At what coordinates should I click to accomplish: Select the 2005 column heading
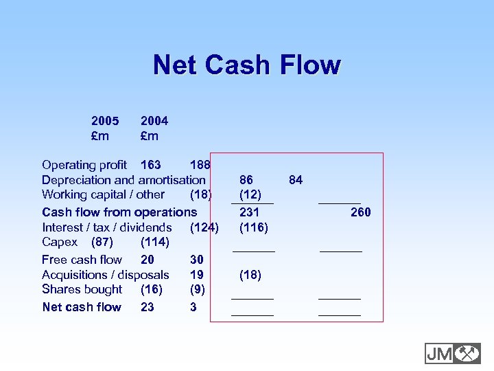click(x=105, y=121)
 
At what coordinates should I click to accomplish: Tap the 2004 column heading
click(x=154, y=121)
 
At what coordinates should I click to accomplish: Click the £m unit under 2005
click(x=100, y=136)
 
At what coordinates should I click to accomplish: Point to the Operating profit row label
click(x=84, y=165)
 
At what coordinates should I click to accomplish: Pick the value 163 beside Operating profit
click(x=150, y=165)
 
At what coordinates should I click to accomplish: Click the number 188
click(x=200, y=165)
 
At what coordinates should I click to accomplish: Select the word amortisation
click(x=172, y=180)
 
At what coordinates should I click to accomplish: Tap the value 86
click(x=246, y=180)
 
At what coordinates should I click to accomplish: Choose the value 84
click(x=296, y=180)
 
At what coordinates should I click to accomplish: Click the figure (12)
click(x=250, y=195)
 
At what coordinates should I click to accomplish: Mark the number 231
click(x=249, y=212)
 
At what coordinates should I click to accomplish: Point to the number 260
click(x=360, y=212)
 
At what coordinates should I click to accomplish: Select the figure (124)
click(x=204, y=227)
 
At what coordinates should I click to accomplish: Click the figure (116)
click(x=253, y=227)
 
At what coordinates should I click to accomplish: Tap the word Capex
click(x=60, y=243)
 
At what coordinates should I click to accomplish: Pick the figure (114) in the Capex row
click(x=154, y=243)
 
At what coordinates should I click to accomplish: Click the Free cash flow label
click(x=82, y=260)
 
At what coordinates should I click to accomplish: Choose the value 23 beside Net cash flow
click(x=148, y=307)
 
